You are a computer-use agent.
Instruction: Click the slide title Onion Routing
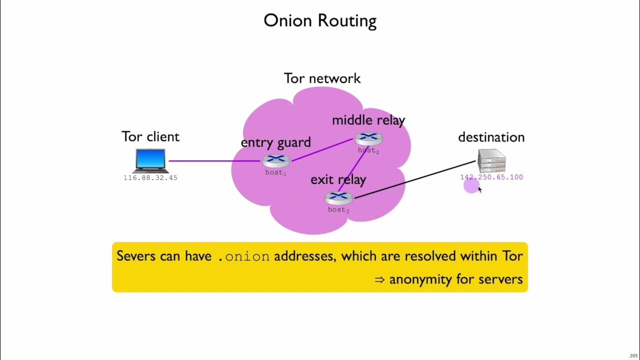320,21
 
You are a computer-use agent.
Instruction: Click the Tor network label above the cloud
322,78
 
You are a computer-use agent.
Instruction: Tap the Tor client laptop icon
150,160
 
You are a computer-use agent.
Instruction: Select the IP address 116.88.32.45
150,178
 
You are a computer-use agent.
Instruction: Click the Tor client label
150,137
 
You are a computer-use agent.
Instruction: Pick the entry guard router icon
276,160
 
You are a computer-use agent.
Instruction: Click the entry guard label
275,142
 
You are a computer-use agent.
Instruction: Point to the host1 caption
275,173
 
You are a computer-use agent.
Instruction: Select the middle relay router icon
368,138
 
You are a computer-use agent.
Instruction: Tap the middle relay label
368,120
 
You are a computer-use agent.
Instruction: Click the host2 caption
368,150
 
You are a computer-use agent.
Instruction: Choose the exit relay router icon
338,197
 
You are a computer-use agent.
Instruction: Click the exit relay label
338,179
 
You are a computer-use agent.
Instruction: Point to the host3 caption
338,210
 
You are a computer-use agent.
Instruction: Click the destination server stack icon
491,160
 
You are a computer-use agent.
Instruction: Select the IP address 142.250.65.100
491,177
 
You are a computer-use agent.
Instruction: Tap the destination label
491,137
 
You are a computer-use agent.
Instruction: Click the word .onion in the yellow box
244,256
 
